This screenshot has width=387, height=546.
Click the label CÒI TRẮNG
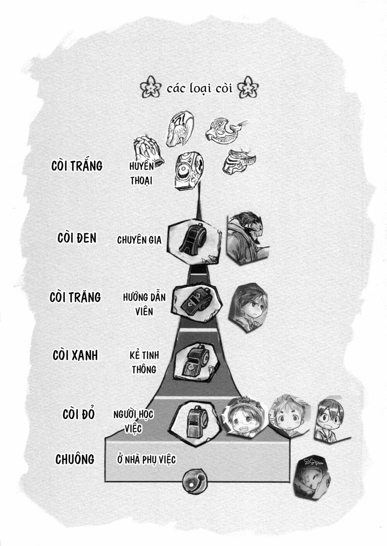[77, 165]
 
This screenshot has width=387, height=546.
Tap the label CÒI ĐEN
[77, 238]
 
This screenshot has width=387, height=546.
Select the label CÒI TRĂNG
[75, 297]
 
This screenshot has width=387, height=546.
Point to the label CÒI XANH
[75, 355]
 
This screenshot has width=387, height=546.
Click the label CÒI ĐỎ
[79, 414]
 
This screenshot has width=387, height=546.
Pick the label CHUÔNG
[75, 459]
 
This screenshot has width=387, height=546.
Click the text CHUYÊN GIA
[139, 240]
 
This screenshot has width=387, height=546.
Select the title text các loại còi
[200, 88]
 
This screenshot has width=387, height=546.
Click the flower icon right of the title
[250, 88]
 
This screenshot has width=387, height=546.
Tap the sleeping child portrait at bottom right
[312, 477]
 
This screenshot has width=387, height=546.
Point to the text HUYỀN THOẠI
[142, 173]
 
